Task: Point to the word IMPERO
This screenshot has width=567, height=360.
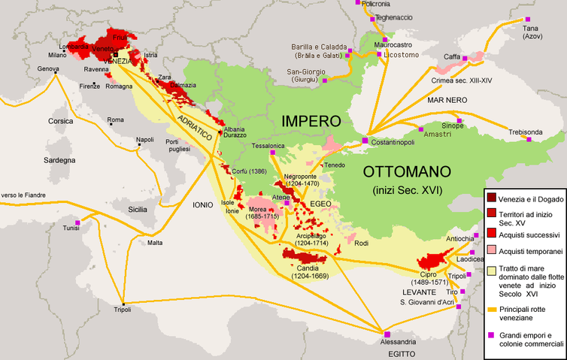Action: click(311, 121)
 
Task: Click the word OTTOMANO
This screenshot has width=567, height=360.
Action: click(405, 170)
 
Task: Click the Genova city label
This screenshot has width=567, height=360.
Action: click(48, 68)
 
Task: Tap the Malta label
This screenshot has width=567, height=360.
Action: click(155, 243)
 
